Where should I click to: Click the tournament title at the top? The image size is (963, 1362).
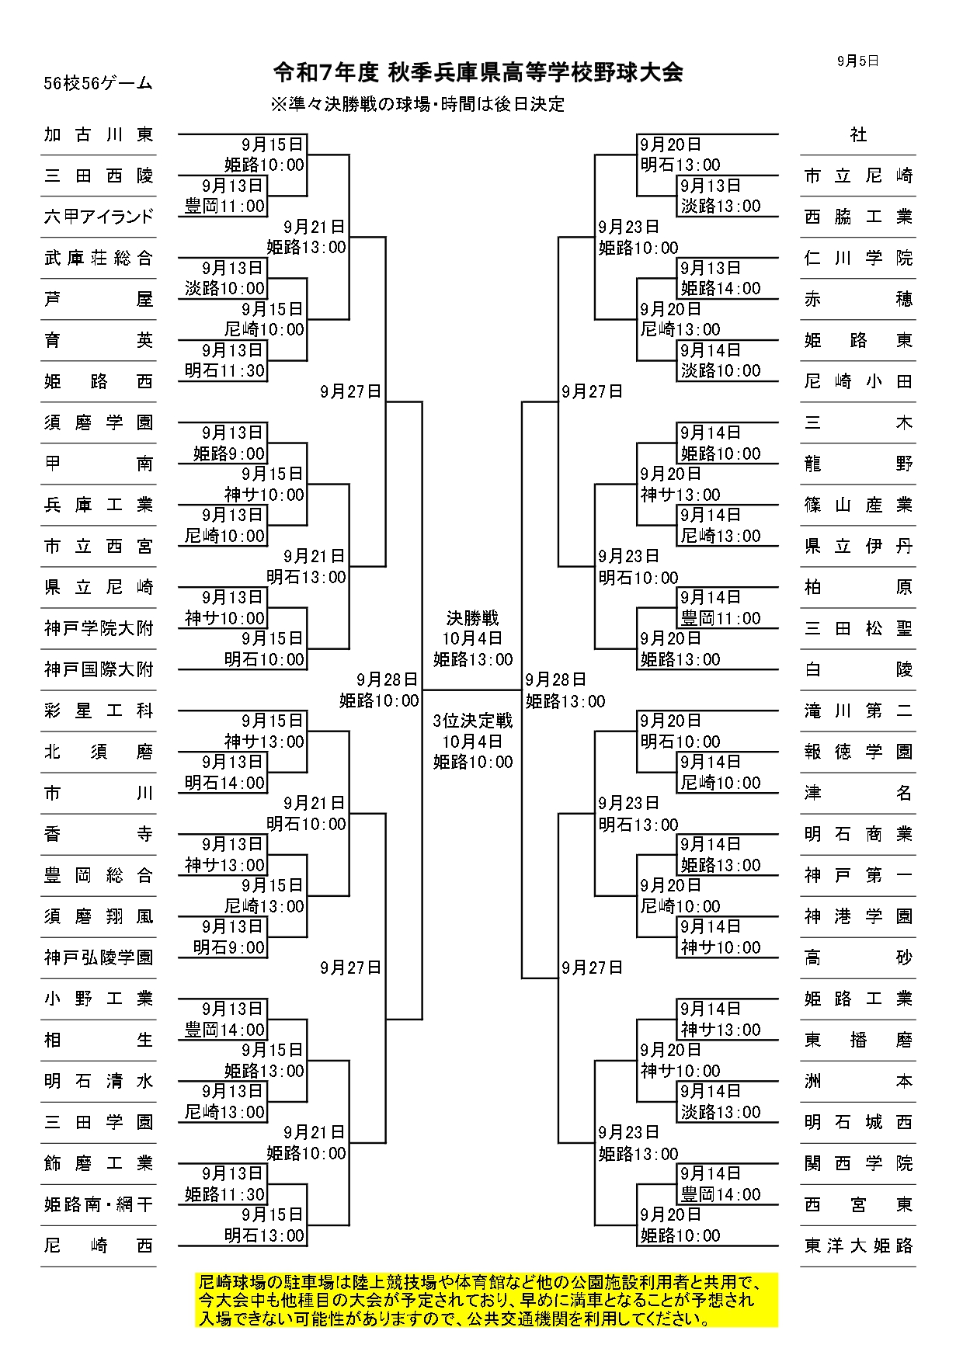[478, 73]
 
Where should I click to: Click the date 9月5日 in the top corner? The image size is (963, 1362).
[858, 61]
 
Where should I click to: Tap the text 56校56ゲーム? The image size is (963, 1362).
[98, 84]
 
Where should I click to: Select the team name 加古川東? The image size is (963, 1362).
[99, 134]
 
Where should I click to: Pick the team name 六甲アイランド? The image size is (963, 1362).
[99, 217]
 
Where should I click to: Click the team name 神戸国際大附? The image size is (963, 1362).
[99, 669]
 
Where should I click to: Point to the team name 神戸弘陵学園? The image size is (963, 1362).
[99, 957]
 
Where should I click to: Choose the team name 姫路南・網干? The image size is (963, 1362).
[99, 1204]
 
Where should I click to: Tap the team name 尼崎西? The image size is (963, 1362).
[99, 1246]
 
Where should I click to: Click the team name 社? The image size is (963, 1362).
[858, 134]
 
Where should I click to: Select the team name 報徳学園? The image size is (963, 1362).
[858, 752]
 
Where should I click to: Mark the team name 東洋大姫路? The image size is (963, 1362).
[858, 1246]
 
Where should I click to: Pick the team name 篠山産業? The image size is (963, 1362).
[858, 505]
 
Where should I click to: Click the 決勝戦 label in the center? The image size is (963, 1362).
[472, 618]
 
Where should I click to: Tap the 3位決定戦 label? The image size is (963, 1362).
[472, 721]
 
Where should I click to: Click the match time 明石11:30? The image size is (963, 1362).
[224, 371]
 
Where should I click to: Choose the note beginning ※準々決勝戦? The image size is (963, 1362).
[417, 104]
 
